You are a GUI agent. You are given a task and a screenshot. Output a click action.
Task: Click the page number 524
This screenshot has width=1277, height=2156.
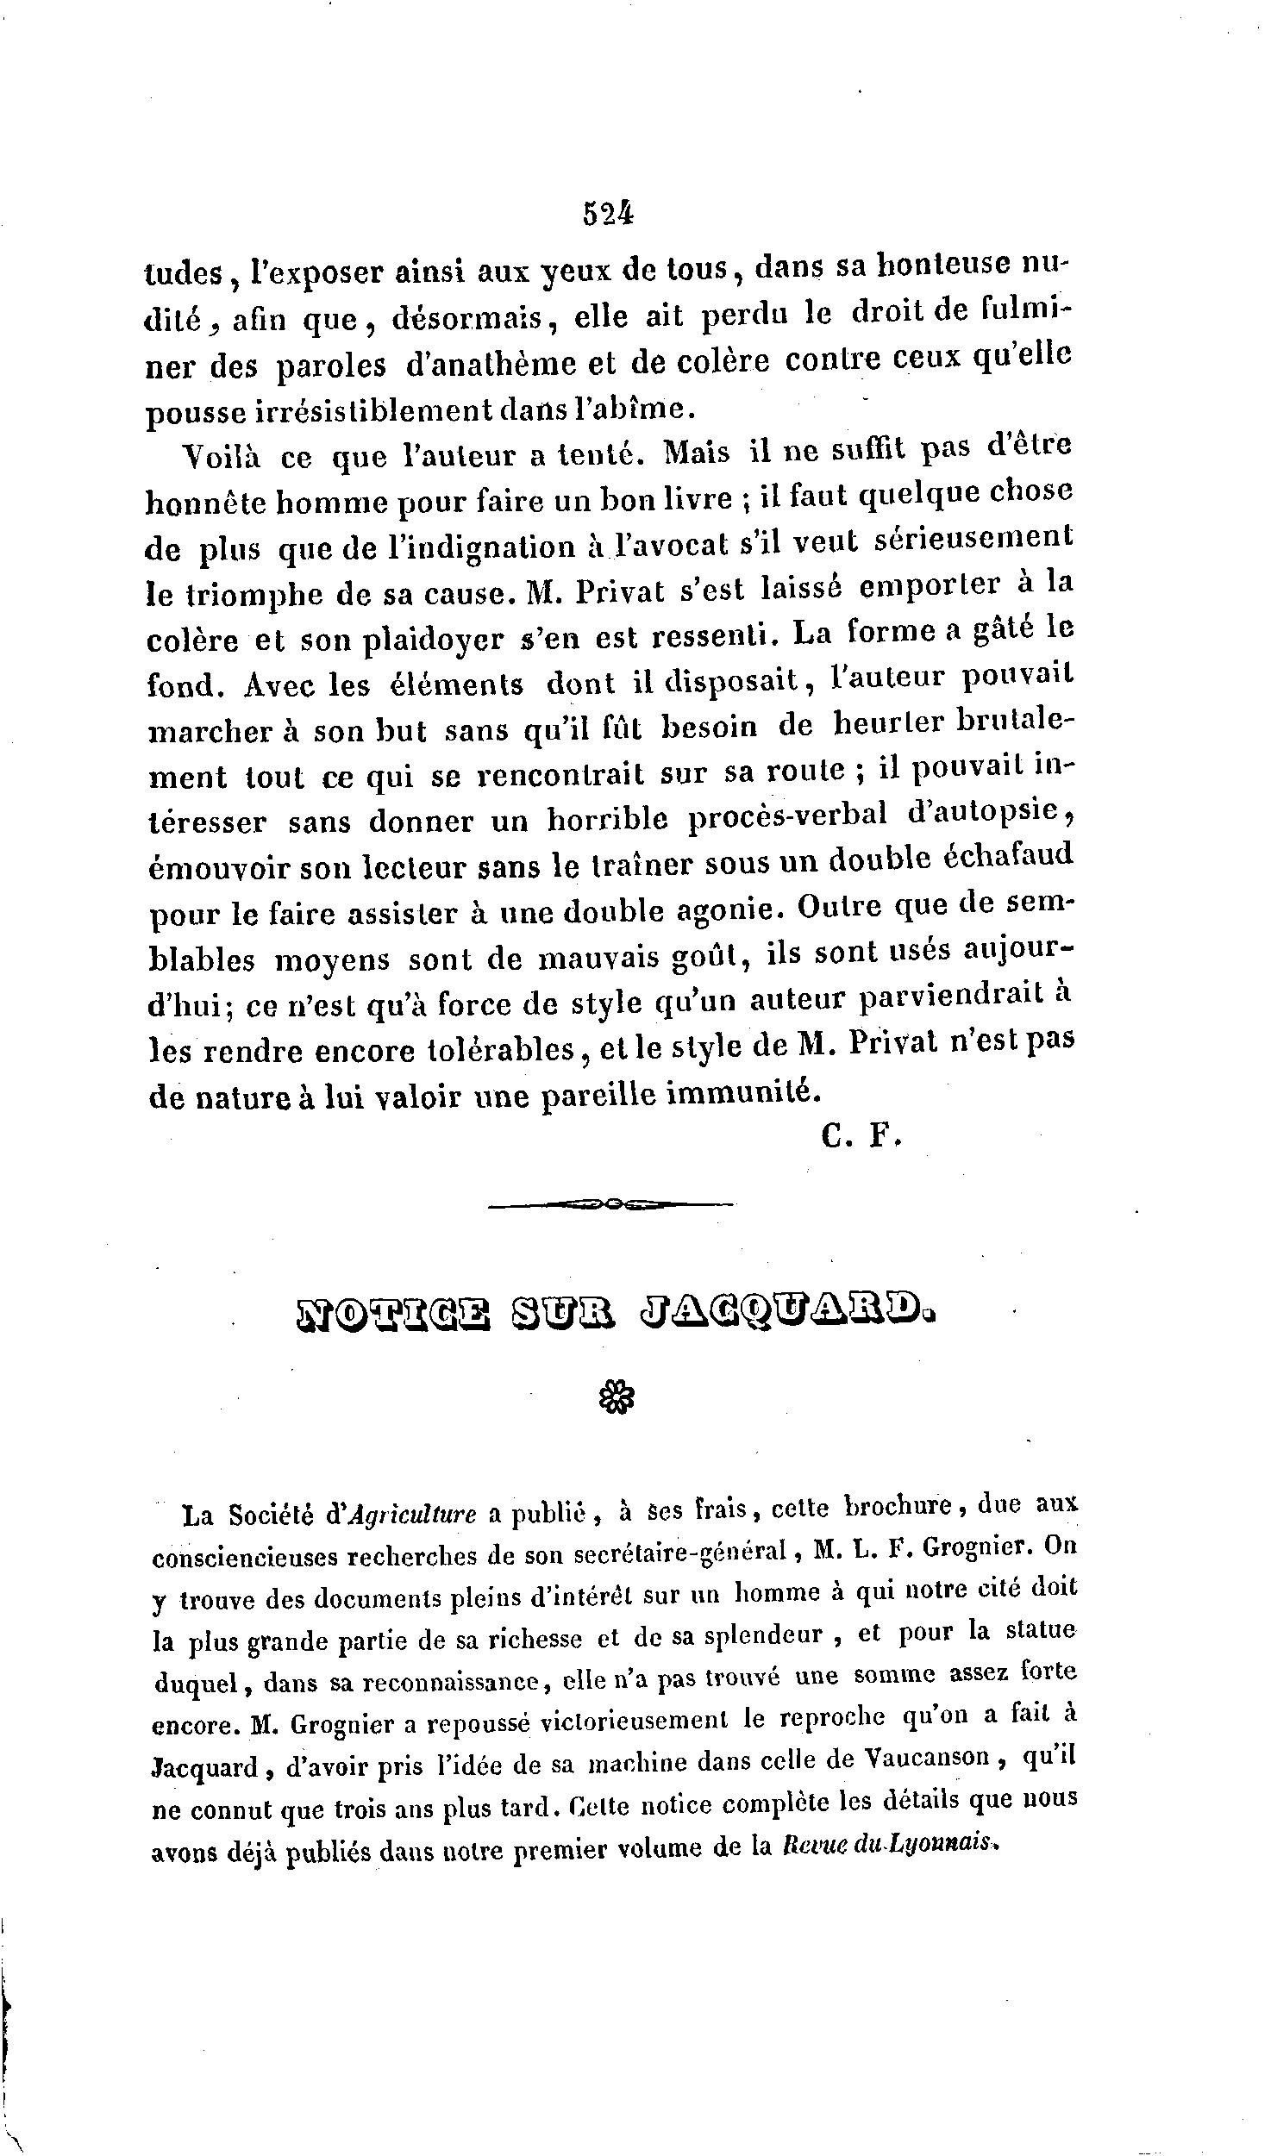pyautogui.click(x=609, y=213)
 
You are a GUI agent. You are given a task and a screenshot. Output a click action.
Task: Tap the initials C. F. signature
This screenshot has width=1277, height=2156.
pyautogui.click(x=861, y=1136)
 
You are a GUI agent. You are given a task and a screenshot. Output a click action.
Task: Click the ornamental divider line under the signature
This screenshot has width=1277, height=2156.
pyautogui.click(x=610, y=1205)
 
